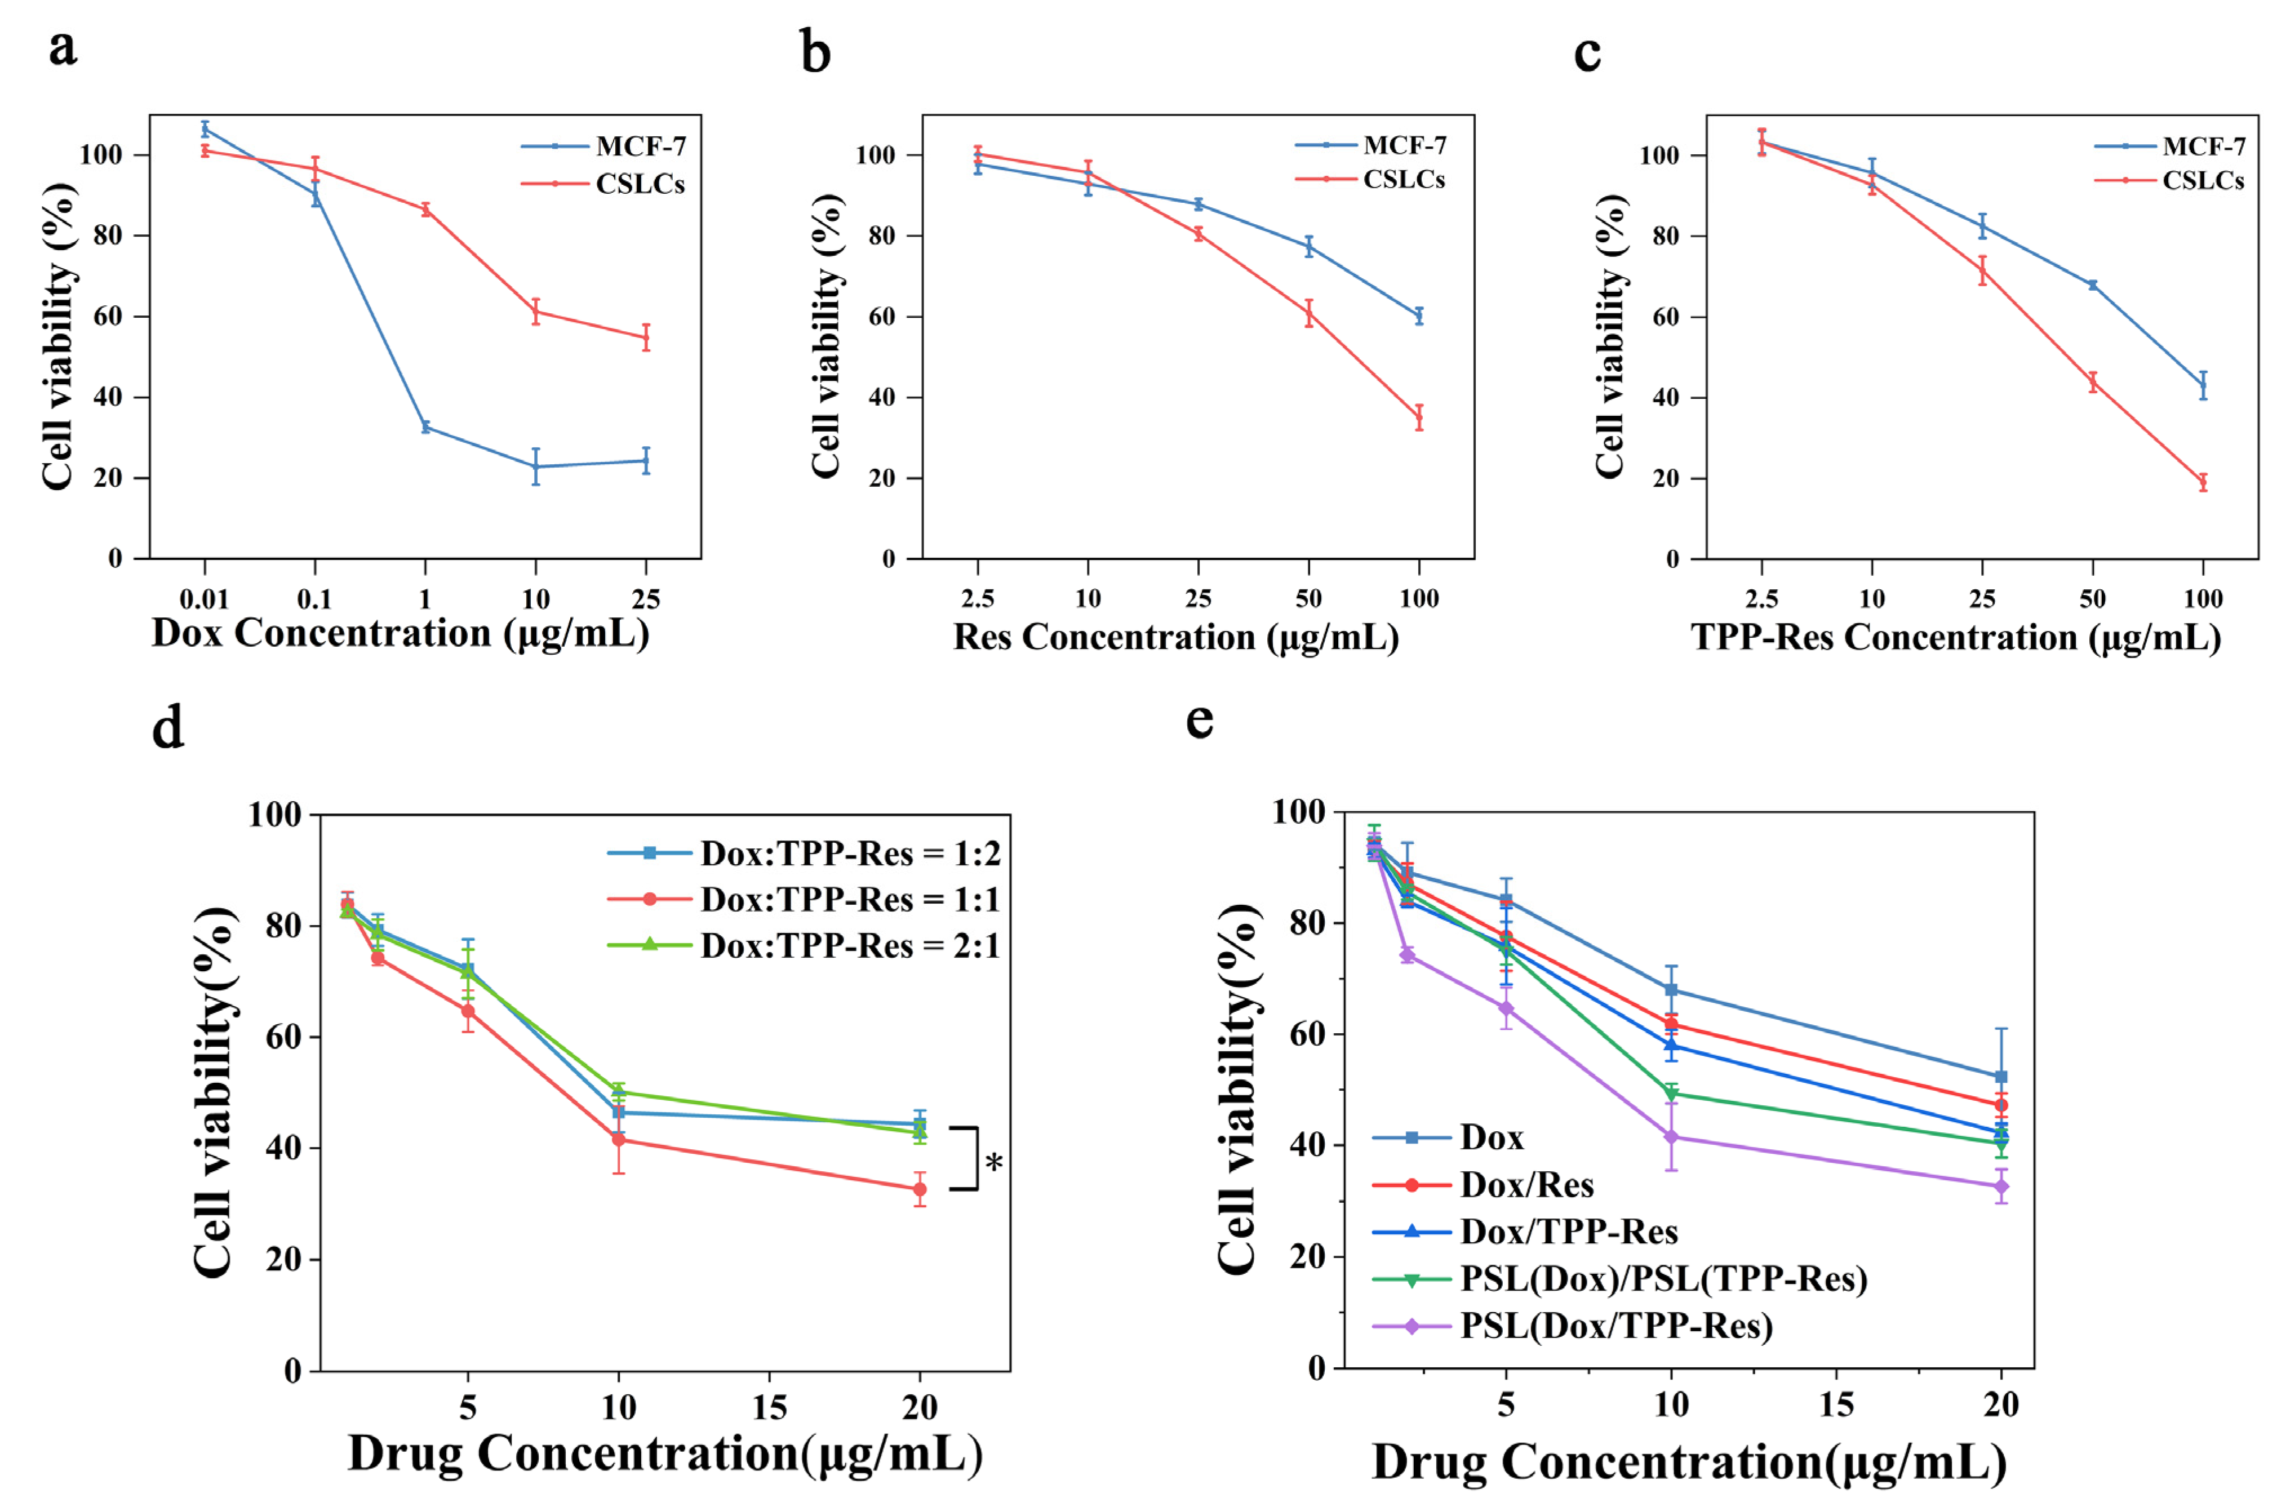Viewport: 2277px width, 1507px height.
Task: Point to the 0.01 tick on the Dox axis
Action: [x=204, y=600]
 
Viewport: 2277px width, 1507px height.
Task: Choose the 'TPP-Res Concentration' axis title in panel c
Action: [x=1955, y=637]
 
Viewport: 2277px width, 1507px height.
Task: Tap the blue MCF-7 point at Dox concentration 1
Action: [x=425, y=426]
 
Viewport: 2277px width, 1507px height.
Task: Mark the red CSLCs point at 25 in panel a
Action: [x=646, y=337]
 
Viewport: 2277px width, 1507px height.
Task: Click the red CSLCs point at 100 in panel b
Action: [x=1419, y=417]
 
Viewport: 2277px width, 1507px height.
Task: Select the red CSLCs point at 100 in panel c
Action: [x=2203, y=482]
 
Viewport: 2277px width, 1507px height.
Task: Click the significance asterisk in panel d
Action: [x=994, y=1163]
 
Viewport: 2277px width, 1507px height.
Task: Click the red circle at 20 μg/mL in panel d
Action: [x=920, y=1189]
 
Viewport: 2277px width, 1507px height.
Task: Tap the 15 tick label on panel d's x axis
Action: [x=769, y=1408]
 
